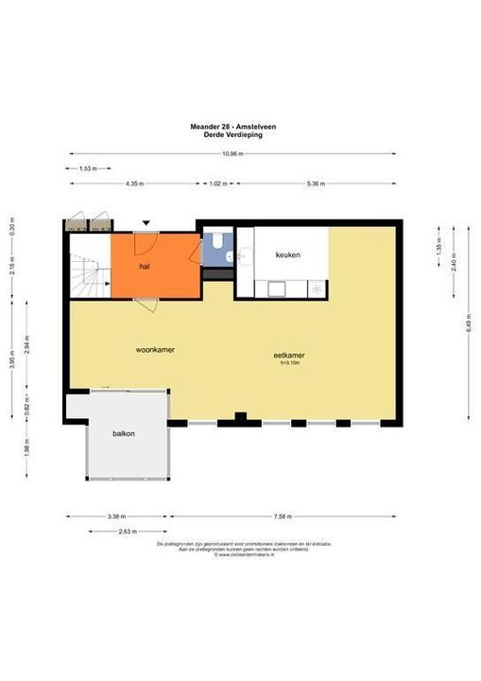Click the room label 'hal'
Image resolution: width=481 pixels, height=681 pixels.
coord(145,268)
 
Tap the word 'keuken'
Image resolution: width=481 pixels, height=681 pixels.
coord(287,255)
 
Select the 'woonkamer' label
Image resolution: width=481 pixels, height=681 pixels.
coord(155,349)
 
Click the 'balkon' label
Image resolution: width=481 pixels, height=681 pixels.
coord(123,435)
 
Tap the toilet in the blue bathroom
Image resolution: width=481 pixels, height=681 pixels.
coord(217,242)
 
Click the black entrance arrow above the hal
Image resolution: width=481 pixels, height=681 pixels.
coord(146,223)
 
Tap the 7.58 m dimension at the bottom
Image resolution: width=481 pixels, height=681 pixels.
coord(282,516)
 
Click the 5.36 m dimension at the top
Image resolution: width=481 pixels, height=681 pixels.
coord(316,183)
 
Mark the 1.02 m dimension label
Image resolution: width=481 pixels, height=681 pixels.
coord(219,183)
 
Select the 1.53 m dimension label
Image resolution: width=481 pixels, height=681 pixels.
coord(87,168)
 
